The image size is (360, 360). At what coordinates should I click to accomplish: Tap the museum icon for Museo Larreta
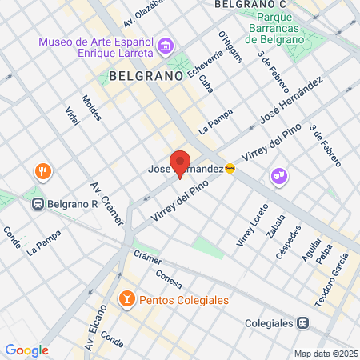coord(166,46)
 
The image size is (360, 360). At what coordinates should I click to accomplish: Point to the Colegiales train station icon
coord(302,323)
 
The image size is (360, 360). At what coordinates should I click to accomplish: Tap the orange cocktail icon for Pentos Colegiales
coord(126,300)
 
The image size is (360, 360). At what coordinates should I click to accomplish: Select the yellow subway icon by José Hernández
coord(230,169)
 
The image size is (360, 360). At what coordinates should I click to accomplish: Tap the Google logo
coord(26,350)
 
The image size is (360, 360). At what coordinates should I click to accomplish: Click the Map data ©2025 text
coord(326,354)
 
